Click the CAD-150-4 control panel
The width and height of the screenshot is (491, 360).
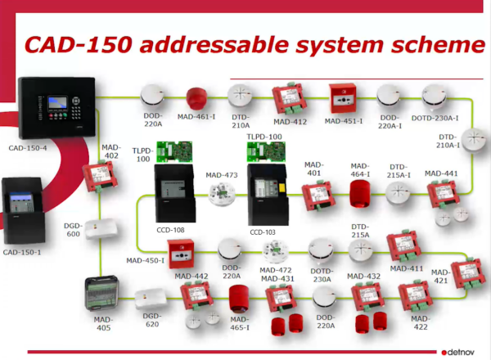coord(57,107)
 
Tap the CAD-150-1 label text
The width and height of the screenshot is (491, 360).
coord(22,252)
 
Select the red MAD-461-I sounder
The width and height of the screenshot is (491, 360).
coord(196,99)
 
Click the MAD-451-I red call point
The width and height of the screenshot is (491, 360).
coord(343,98)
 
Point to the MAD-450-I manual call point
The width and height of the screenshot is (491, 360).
coord(181,254)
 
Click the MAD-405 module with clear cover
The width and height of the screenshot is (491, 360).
coord(101,294)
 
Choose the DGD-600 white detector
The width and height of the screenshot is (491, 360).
coord(101,228)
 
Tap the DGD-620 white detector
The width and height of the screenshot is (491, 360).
coord(151,299)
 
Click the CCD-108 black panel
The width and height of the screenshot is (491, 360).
coord(175,193)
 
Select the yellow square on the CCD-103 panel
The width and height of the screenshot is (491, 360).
coord(282,187)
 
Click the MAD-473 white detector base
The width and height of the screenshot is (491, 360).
coord(222,194)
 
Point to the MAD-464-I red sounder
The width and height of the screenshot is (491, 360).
coord(360,194)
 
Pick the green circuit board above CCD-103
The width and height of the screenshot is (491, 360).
coord(266,152)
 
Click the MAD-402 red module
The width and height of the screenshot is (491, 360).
coord(100,176)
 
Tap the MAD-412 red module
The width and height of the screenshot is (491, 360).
coord(289,98)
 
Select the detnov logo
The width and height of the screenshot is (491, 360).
coord(457,352)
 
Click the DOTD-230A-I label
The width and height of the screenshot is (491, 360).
coord(435,118)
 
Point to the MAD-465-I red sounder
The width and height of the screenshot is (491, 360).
coord(239,299)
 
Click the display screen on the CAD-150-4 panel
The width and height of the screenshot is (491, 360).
coord(57,103)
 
